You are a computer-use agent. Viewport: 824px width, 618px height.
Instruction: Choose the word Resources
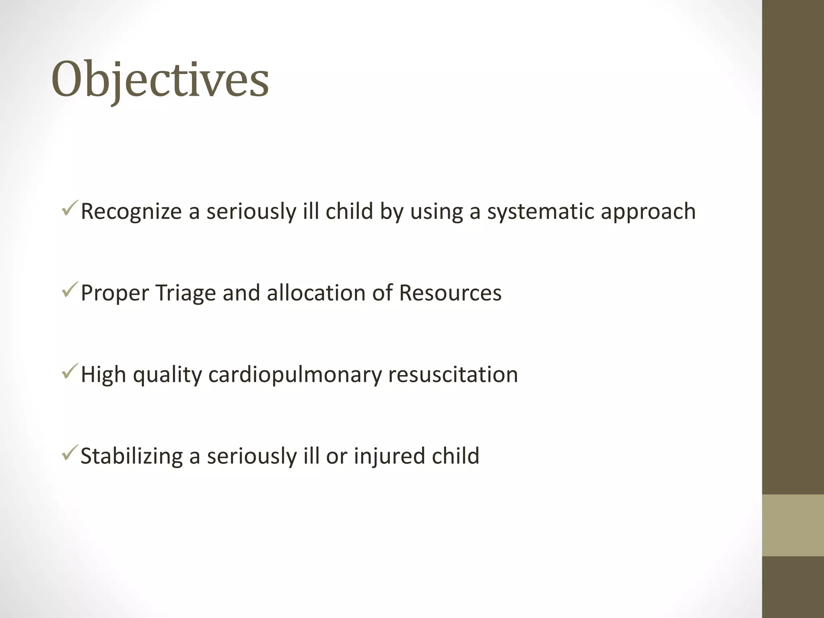[450, 293]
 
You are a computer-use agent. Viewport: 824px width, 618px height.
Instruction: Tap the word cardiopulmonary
[295, 375]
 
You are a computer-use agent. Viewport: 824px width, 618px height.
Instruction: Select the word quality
[167, 375]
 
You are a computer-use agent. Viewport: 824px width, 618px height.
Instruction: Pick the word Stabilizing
[132, 456]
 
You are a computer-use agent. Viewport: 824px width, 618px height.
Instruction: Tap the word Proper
[115, 294]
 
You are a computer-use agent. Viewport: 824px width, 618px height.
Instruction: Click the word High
[103, 375]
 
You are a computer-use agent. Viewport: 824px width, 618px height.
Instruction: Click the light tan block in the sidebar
[793, 525]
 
